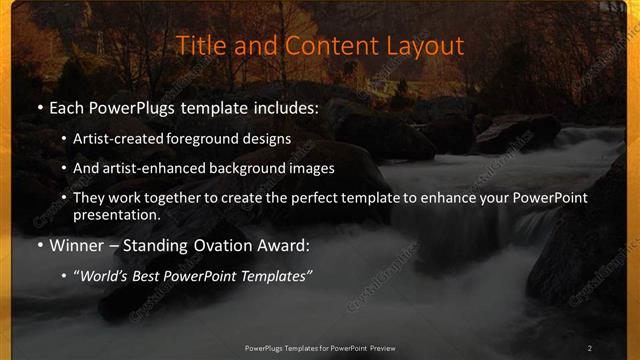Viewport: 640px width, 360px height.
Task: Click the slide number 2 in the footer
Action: click(x=590, y=348)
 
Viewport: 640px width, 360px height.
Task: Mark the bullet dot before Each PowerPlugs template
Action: click(x=38, y=108)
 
